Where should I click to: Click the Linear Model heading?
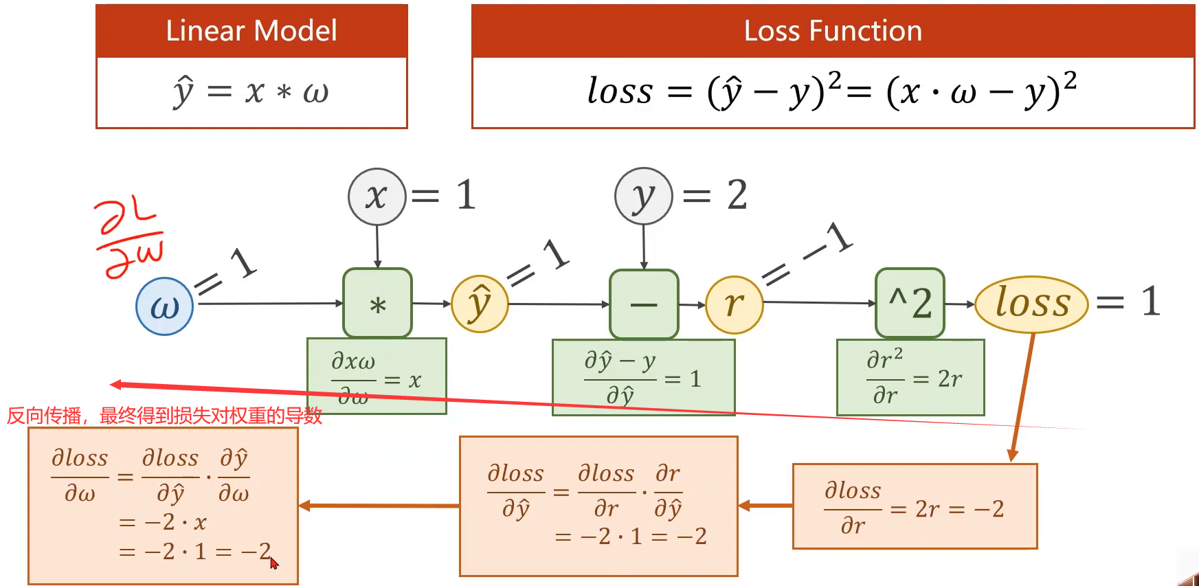[x=251, y=31]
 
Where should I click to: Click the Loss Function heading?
[x=833, y=31]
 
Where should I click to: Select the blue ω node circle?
[x=164, y=306]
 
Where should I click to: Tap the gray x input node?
[x=377, y=197]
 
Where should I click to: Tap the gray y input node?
[x=643, y=196]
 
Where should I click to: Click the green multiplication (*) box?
[x=377, y=303]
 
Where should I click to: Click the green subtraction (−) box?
[x=644, y=304]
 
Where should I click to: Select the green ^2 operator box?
[x=910, y=303]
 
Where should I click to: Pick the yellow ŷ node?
[x=480, y=304]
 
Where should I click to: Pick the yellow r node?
[x=734, y=304]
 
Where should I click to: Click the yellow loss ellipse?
[x=1031, y=304]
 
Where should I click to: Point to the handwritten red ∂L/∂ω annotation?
[x=129, y=238]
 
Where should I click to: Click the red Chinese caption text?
[x=164, y=416]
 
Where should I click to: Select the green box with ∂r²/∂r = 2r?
[x=910, y=377]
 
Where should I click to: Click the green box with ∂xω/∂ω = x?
[x=377, y=375]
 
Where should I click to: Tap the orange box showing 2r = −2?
[x=915, y=507]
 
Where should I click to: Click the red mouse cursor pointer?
[x=273, y=563]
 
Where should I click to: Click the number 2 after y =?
[x=737, y=195]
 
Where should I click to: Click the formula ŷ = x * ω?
[x=251, y=92]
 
